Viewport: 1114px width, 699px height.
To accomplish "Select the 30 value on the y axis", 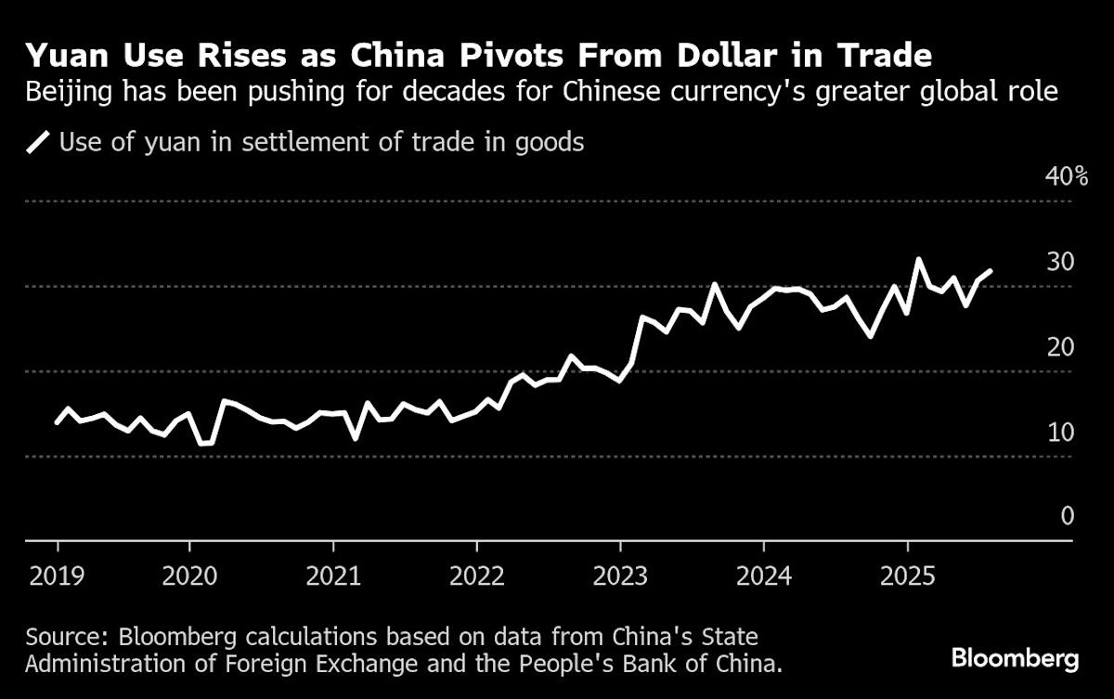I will coord(1061,262).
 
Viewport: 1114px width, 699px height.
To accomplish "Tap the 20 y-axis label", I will coord(1061,347).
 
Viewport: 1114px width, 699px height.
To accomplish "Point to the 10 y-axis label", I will coord(1061,432).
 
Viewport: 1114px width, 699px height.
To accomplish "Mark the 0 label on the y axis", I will coord(1068,516).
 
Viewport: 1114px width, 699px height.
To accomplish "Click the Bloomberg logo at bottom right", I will coord(1015,659).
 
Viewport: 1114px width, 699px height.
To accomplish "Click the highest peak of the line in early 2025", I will coord(919,261).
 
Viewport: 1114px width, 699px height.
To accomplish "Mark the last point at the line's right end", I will coord(991,271).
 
